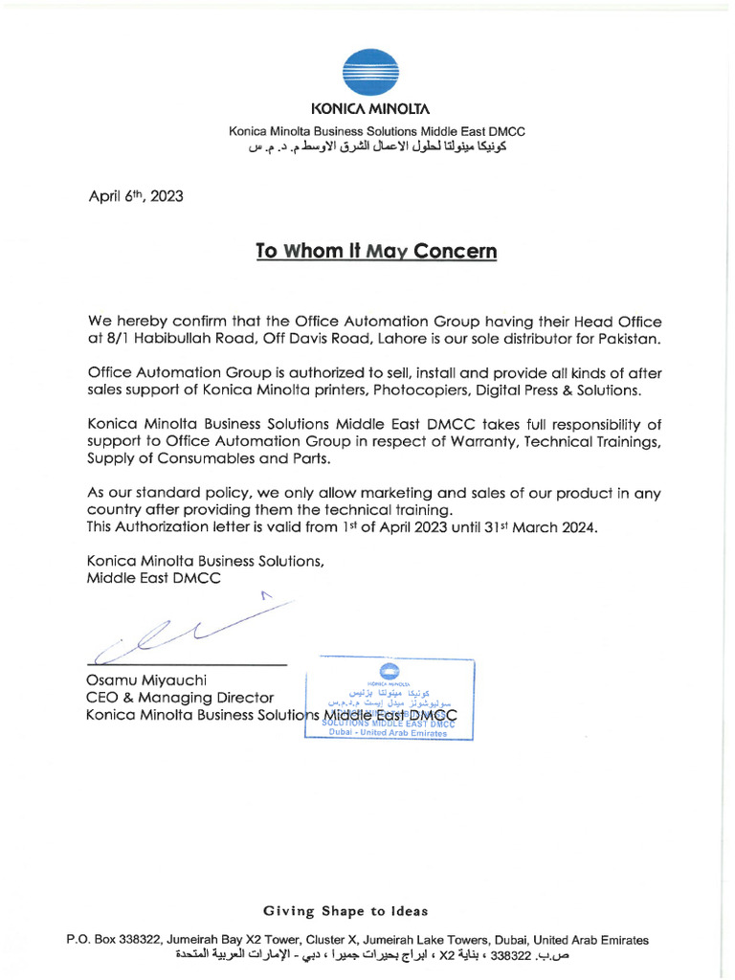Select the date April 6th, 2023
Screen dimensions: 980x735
pos(135,196)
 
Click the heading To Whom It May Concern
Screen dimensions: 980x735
pos(376,252)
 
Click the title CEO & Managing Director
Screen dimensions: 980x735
pos(180,698)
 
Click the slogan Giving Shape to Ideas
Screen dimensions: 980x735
pos(345,910)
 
